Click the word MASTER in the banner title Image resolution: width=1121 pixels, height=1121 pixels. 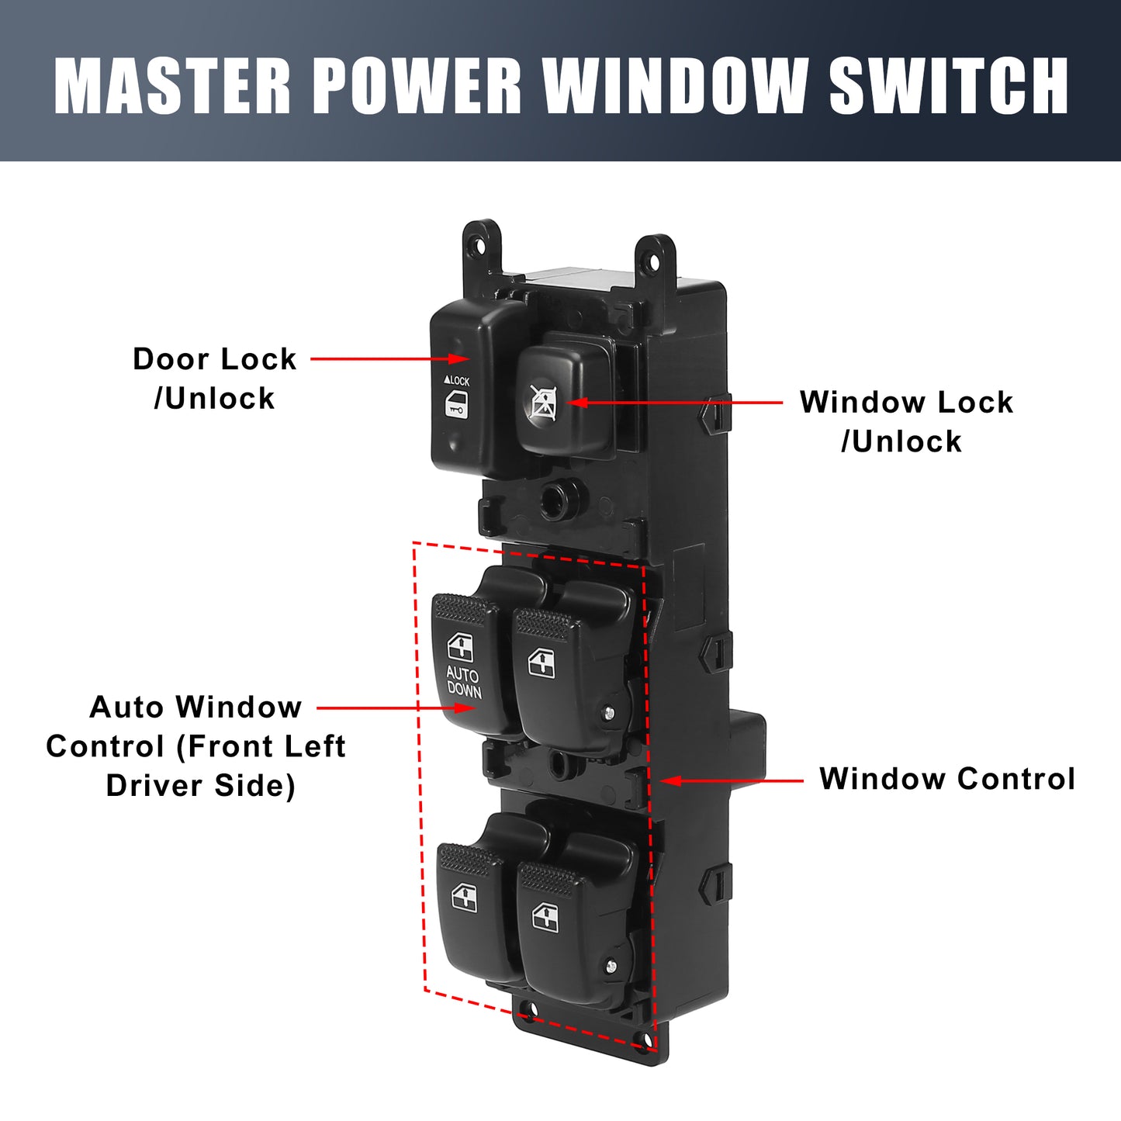171,86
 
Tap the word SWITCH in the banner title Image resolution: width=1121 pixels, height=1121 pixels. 949,86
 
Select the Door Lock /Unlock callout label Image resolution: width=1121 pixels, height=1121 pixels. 215,378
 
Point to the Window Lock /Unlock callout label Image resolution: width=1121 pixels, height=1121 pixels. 906,421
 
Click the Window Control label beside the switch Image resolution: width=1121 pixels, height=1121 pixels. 947,778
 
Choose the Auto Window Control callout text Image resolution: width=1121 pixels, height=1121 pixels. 196,746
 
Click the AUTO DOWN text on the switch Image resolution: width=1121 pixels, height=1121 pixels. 464,683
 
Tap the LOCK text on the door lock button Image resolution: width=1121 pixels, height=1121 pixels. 456,380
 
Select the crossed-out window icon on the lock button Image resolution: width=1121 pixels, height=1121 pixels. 543,402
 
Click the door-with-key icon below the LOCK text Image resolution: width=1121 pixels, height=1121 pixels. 457,405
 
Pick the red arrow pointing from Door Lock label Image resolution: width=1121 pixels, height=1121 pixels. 389,359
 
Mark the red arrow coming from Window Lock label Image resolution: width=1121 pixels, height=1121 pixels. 674,402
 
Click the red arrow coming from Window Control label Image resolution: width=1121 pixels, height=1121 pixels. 732,780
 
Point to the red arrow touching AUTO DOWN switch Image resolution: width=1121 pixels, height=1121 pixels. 396,708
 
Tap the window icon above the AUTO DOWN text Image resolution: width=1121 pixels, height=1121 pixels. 459,648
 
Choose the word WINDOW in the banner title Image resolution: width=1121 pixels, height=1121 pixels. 675,86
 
